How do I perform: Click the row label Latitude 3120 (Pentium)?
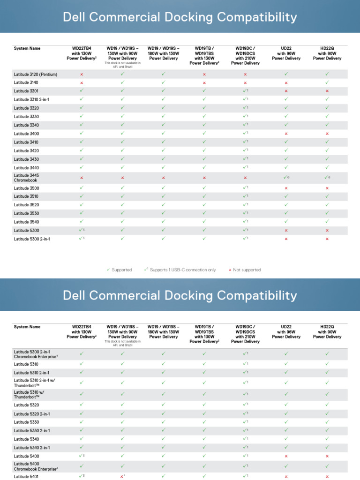point(36,74)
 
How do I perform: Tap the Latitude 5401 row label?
point(26,477)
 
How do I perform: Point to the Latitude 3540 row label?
point(26,222)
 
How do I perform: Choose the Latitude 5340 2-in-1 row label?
point(32,448)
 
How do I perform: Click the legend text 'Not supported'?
point(247,270)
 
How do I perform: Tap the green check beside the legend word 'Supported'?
point(108,270)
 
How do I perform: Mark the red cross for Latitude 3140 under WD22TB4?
point(82,82)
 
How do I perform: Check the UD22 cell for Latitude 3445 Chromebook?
point(286,178)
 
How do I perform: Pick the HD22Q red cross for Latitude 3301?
point(327,91)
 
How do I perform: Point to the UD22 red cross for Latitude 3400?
point(286,134)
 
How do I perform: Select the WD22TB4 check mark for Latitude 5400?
point(82,456)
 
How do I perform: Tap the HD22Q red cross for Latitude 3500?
point(327,188)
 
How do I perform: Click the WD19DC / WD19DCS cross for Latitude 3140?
point(245,82)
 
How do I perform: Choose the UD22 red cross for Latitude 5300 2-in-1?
point(286,239)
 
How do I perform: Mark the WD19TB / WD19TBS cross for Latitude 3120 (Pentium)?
point(204,74)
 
